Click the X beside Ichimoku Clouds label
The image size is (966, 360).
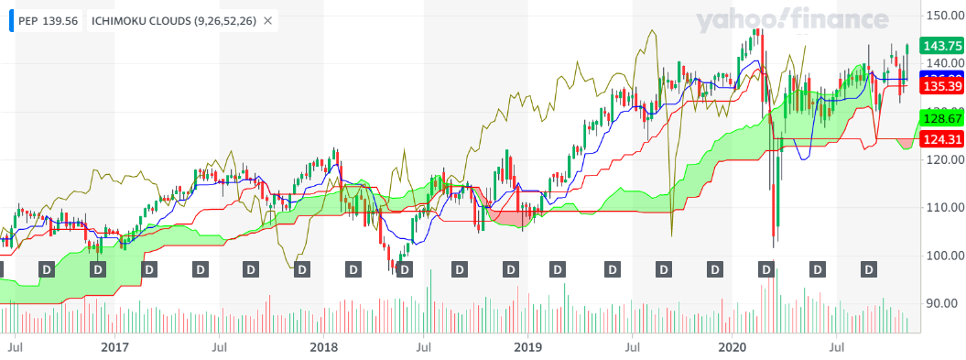(x=266, y=20)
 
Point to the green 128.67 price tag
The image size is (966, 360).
(x=941, y=119)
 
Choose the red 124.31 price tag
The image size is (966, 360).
(x=941, y=140)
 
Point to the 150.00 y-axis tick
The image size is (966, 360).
(x=941, y=16)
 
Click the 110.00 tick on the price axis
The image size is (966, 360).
(x=941, y=207)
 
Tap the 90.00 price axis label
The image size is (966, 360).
(x=941, y=302)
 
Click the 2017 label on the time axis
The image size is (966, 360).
(x=114, y=347)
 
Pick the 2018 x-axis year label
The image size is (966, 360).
(x=323, y=347)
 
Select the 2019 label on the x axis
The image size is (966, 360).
(x=528, y=347)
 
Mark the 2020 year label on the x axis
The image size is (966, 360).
(x=733, y=347)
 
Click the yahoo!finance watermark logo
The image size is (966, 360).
(x=791, y=20)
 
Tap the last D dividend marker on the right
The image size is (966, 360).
(x=870, y=269)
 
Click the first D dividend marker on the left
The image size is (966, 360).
(x=2, y=269)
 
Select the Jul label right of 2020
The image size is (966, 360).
(x=836, y=347)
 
